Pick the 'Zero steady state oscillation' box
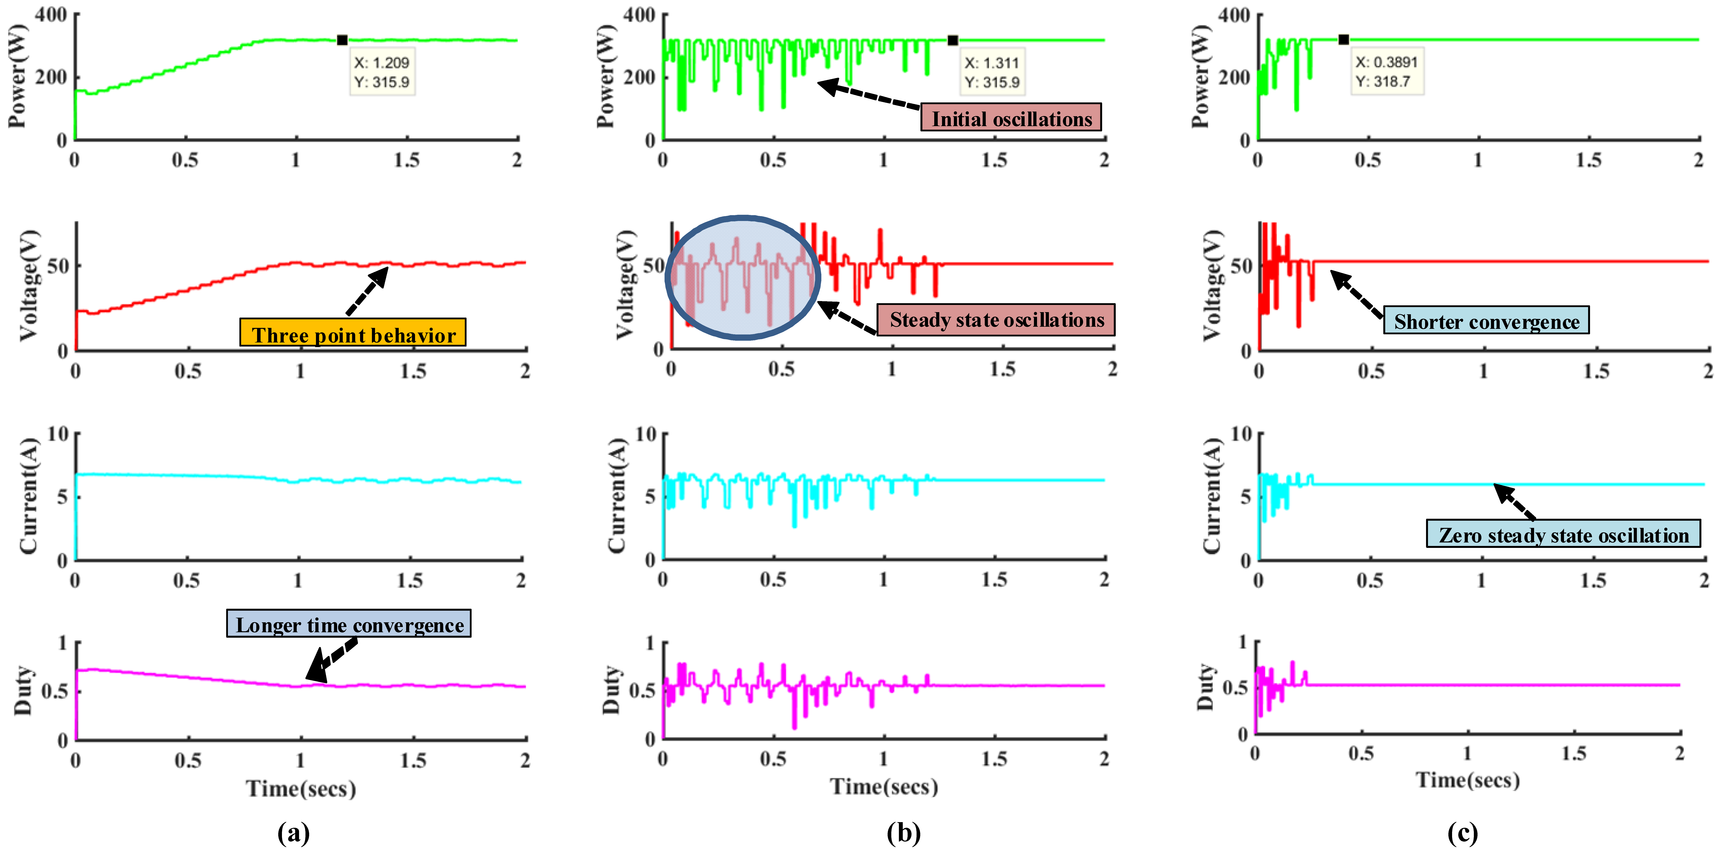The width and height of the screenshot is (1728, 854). tap(1563, 534)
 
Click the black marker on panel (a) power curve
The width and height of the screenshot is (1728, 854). tap(342, 40)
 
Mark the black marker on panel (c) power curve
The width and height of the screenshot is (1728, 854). tap(1343, 40)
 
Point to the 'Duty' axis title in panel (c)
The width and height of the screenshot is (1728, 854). tap(1206, 688)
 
